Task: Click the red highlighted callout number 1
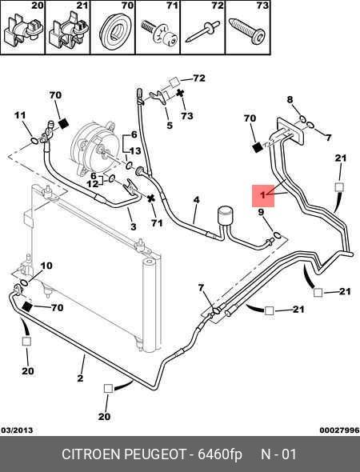263,196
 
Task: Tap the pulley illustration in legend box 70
114,30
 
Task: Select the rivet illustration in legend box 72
202,32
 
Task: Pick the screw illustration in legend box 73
247,30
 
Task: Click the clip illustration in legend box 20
23,31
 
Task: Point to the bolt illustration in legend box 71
158,33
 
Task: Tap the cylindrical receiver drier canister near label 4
225,215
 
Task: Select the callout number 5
170,126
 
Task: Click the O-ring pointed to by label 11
34,141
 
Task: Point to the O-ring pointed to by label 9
278,234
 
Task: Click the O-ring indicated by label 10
24,282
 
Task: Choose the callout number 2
80,378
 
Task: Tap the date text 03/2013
17,430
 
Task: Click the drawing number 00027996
339,430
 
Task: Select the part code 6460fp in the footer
220,454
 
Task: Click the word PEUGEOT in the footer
155,454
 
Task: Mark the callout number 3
134,226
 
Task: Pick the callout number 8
290,99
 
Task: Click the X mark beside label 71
151,198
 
